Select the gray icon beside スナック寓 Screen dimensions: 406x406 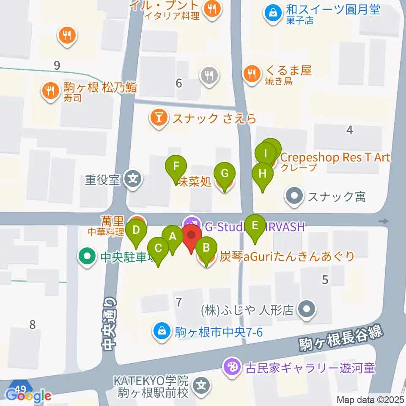pos(295,196)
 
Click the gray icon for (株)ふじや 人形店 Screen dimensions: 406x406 pos(307,310)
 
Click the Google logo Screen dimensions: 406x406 pos(28,396)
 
